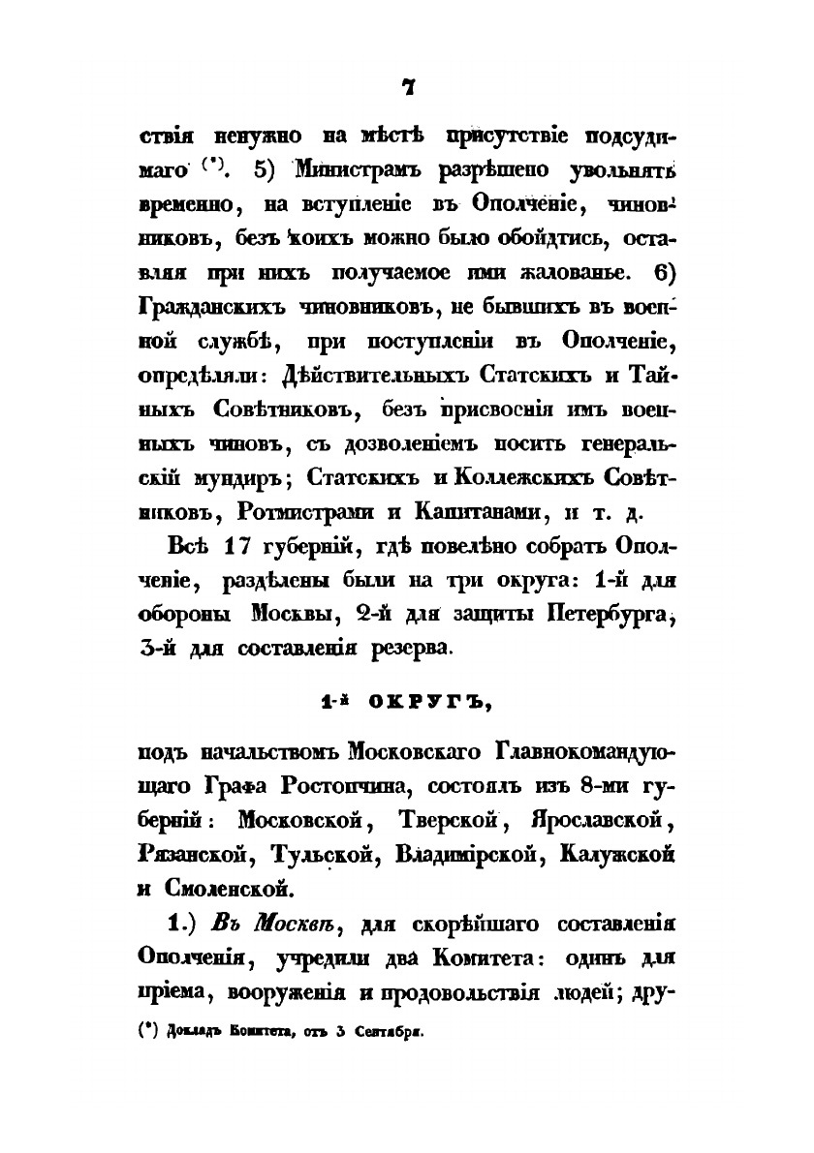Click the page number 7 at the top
[x=408, y=88]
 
